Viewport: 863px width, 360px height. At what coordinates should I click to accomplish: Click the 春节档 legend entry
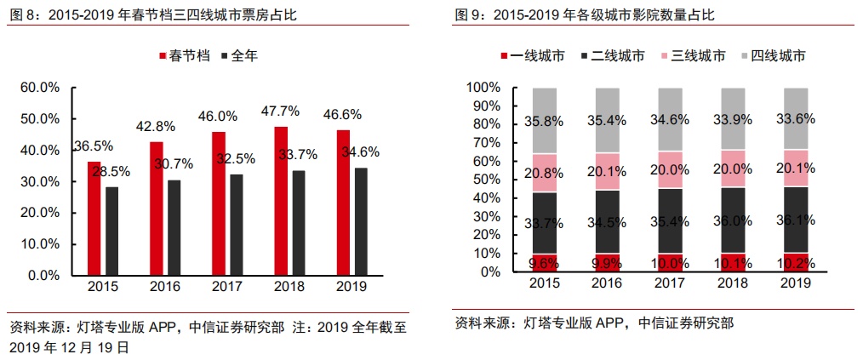tap(184, 56)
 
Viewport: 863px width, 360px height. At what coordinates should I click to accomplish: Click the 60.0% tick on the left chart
tap(39, 88)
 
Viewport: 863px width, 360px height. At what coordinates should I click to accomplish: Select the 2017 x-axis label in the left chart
tap(226, 286)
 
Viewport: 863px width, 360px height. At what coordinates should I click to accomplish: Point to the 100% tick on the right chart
tap(485, 88)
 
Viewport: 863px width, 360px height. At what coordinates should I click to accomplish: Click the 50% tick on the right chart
tap(488, 180)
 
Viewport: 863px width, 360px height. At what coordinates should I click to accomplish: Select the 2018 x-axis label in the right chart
tap(730, 283)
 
